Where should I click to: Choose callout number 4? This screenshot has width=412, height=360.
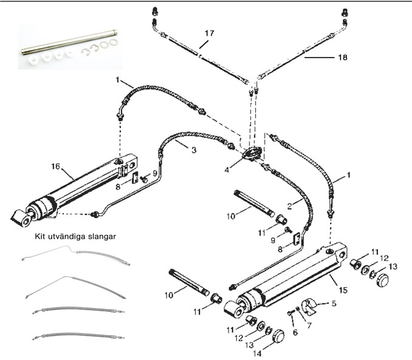click(226, 171)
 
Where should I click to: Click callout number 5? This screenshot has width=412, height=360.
click(334, 302)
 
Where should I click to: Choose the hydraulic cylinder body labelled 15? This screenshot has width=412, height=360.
click(292, 279)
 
